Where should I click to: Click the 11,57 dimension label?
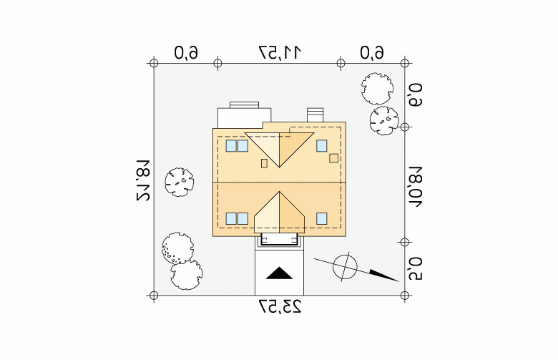(x=280, y=52)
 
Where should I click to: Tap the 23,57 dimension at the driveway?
(x=280, y=307)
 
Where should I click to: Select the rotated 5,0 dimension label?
(x=416, y=269)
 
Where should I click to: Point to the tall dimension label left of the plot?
(x=143, y=180)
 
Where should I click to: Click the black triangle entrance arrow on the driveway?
(x=279, y=273)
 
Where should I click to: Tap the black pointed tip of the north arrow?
(x=398, y=281)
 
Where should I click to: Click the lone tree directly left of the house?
(x=180, y=182)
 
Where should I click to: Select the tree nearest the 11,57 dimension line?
(x=377, y=89)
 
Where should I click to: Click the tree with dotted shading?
(x=177, y=248)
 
